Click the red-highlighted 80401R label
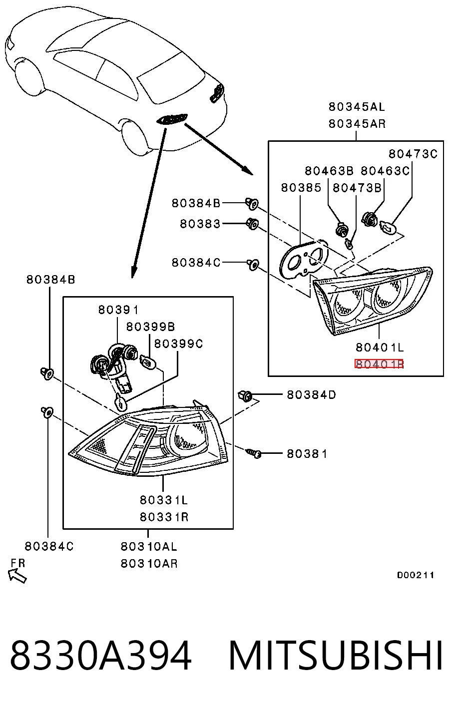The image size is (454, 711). (379, 364)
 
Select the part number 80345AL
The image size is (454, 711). (357, 107)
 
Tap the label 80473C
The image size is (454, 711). (413, 154)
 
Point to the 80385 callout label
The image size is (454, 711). (301, 188)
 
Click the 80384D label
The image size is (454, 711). (311, 394)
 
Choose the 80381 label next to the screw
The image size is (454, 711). (307, 454)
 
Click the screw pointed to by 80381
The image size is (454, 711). (254, 453)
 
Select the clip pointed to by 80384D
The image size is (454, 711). (245, 395)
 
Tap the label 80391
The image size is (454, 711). (118, 310)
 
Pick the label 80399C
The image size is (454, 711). (178, 344)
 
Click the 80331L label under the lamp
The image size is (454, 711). (164, 500)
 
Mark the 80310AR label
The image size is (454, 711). (149, 564)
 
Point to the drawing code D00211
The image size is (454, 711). (415, 575)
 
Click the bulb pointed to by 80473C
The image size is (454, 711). (389, 228)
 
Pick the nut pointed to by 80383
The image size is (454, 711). (252, 224)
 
